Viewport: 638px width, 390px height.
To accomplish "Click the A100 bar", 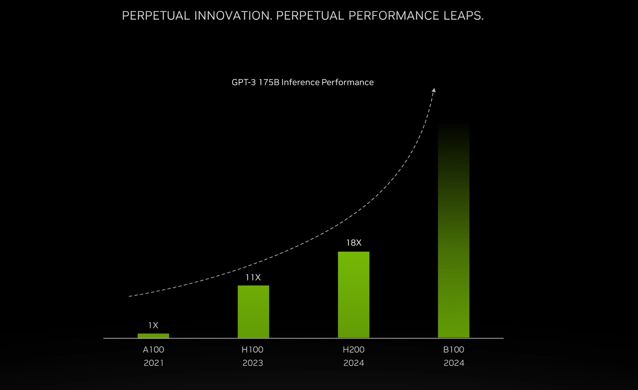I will click(153, 336).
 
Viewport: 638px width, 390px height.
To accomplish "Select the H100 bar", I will click(253, 312).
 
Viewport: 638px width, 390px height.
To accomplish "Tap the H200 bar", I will click(353, 295).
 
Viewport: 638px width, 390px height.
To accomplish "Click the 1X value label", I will click(153, 325).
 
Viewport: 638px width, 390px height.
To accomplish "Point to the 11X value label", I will click(253, 277).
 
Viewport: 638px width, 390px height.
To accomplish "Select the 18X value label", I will click(354, 243).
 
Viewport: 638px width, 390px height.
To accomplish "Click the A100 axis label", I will click(153, 350).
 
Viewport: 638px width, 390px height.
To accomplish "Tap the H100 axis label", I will click(253, 350).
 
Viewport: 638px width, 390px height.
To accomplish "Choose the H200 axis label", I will click(354, 350).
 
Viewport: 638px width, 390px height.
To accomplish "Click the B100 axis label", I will click(454, 350).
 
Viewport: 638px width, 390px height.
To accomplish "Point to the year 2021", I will click(154, 363).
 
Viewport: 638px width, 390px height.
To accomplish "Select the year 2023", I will click(253, 363).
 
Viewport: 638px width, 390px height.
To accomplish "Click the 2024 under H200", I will click(354, 363).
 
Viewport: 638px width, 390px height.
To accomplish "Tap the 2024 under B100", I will click(454, 363).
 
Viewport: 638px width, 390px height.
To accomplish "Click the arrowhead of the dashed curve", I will click(434, 90).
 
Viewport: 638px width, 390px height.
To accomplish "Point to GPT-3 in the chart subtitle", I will click(244, 82).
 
